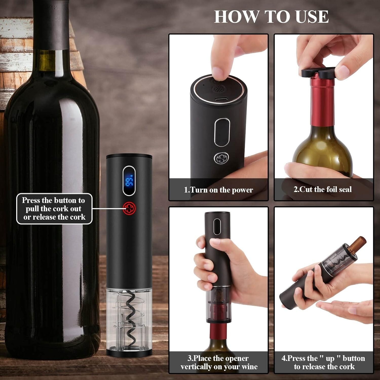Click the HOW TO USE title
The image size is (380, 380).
271,17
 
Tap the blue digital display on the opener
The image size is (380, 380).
129,180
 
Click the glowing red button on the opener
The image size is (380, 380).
129,208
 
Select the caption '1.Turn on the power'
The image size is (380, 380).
218,190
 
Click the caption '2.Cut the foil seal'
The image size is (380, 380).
323,189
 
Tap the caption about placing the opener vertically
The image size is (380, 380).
219,362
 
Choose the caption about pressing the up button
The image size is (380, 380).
324,362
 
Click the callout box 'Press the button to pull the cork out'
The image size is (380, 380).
54,208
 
